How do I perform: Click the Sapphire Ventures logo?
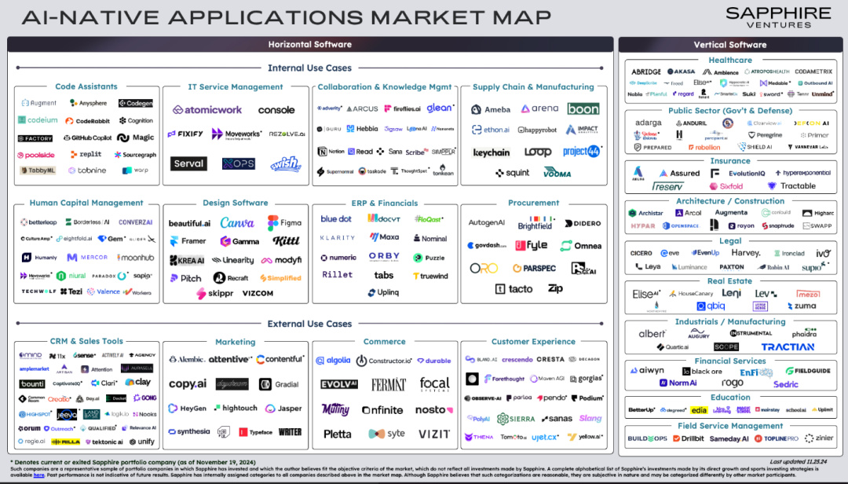pos(777,17)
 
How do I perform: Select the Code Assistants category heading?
pos(86,86)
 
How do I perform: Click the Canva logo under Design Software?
pos(237,223)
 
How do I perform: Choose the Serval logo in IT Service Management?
pos(188,163)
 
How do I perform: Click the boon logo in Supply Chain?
pos(583,109)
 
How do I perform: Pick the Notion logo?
pos(331,152)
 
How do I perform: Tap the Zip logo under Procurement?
pos(556,289)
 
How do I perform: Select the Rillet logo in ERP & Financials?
pos(338,275)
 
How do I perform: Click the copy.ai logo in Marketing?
pos(188,384)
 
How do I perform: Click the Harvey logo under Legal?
pos(745,253)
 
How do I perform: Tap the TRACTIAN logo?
pos(788,346)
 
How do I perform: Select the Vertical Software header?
pos(730,45)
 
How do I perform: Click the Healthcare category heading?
pos(730,60)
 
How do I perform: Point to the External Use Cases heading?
pos(309,324)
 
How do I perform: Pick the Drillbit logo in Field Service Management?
pos(688,438)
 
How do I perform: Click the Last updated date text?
pos(799,462)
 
